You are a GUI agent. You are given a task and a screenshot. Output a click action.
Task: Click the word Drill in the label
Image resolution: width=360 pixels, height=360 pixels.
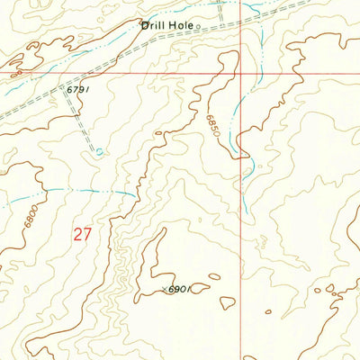[153, 25]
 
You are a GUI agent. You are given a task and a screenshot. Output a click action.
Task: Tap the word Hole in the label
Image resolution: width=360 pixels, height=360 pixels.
[181, 25]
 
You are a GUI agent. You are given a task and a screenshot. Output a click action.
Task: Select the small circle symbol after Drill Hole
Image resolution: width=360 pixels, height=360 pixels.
[198, 27]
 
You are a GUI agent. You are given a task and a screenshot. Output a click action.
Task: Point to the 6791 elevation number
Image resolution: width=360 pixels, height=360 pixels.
[78, 90]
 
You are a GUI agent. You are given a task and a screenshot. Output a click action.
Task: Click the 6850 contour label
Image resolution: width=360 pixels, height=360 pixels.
[211, 125]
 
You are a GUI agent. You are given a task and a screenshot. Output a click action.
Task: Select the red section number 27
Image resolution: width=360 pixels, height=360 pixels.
[83, 235]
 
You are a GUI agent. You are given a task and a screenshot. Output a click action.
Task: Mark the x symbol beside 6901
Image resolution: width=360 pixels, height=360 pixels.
[166, 289]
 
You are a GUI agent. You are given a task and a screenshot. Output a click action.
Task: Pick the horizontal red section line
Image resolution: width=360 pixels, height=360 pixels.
[135, 74]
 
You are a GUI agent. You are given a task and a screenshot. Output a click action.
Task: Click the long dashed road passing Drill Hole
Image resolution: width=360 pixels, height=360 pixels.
[108, 63]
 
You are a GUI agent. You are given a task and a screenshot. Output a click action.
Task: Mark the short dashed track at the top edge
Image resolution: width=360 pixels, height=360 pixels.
[221, 11]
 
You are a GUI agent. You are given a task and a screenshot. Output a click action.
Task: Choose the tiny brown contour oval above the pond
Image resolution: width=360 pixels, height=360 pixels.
[158, 134]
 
